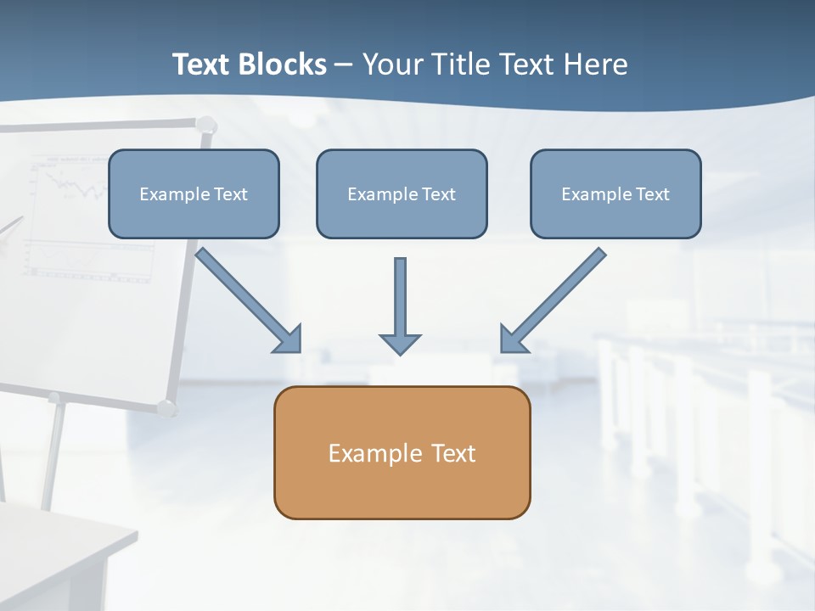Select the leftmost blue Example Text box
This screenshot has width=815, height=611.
(x=194, y=193)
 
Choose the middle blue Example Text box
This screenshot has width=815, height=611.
(x=402, y=193)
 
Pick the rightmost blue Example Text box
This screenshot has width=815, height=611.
(x=615, y=193)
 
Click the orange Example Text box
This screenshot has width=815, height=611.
(x=402, y=452)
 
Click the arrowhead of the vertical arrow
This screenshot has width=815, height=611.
(x=400, y=344)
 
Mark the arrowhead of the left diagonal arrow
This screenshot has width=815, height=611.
(x=289, y=340)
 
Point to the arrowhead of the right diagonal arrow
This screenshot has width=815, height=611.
(x=513, y=340)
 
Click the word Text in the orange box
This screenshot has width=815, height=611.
(x=452, y=453)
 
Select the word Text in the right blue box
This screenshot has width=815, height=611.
(x=652, y=194)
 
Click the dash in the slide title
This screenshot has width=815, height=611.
(x=344, y=65)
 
